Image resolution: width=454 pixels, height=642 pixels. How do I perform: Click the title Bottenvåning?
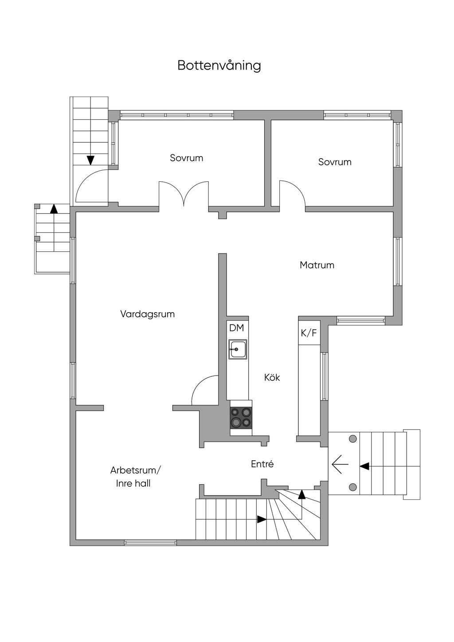[219, 65]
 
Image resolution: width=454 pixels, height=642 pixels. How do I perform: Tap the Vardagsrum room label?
[147, 314]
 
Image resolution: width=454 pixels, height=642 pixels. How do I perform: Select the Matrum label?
[317, 265]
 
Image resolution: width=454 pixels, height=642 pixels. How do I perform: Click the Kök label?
[272, 378]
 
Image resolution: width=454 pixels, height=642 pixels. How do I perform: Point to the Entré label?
[262, 464]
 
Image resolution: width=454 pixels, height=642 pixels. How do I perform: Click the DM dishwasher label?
[236, 328]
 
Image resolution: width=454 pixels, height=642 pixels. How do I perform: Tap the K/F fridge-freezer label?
[309, 333]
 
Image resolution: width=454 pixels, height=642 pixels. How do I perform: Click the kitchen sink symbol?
[238, 349]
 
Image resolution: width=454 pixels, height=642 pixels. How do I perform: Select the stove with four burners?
[241, 417]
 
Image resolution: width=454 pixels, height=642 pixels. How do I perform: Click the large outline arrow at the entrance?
[340, 465]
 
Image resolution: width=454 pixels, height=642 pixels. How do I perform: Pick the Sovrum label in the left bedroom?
[186, 158]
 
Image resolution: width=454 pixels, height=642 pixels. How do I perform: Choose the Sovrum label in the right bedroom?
[335, 162]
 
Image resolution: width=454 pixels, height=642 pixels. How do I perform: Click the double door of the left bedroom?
[184, 193]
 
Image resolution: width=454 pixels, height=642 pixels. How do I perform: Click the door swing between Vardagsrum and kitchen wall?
[205, 390]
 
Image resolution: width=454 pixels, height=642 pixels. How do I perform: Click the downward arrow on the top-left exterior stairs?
[90, 160]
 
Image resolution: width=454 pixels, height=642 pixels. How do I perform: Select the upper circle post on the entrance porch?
[353, 439]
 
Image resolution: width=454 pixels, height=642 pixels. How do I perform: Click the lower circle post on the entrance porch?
[353, 487]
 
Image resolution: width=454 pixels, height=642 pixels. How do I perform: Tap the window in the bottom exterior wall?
[150, 542]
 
